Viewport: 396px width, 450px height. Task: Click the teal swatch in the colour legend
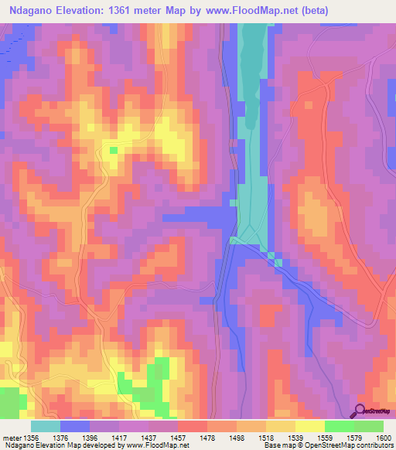point(45,426)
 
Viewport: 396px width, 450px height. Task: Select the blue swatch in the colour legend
point(74,426)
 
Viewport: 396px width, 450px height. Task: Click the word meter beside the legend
point(12,438)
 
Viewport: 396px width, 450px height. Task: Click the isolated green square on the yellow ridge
point(114,150)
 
